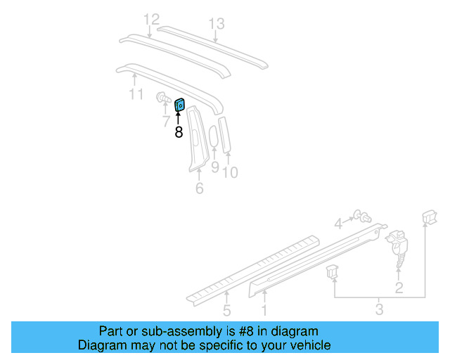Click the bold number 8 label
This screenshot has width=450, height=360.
click(x=179, y=131)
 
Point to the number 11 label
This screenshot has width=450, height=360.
click(x=136, y=94)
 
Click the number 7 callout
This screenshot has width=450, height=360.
click(x=165, y=121)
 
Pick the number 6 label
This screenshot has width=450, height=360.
click(x=199, y=188)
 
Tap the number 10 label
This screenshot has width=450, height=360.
click(x=230, y=172)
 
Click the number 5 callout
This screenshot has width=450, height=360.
click(x=226, y=310)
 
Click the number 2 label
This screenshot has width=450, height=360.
click(x=399, y=287)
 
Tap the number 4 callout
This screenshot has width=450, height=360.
click(x=338, y=224)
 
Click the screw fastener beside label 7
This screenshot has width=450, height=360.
click(x=162, y=98)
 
